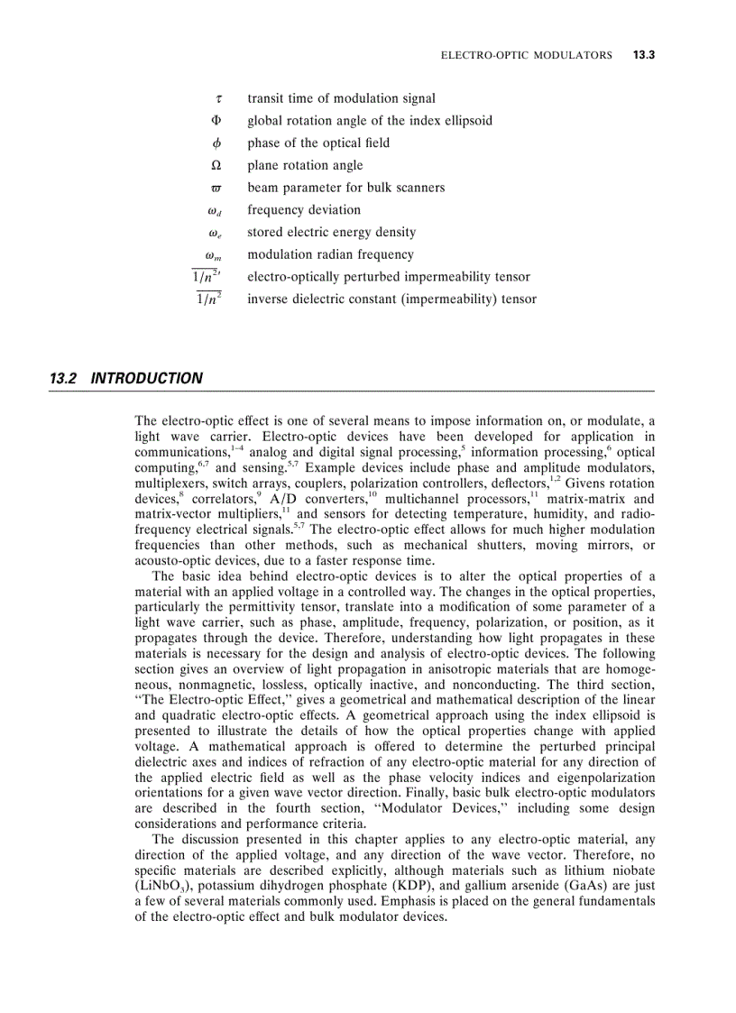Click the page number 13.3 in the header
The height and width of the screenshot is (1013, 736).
642,55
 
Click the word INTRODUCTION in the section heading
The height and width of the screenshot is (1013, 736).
147,379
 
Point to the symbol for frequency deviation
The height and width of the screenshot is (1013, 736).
215,211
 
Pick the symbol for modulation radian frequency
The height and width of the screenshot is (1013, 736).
214,255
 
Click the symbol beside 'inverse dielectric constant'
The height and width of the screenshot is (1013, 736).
209,299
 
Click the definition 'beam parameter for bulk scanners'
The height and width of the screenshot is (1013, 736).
345,188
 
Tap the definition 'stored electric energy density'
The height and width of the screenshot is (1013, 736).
332,233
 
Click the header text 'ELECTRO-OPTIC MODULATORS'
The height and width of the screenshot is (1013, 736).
526,55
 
